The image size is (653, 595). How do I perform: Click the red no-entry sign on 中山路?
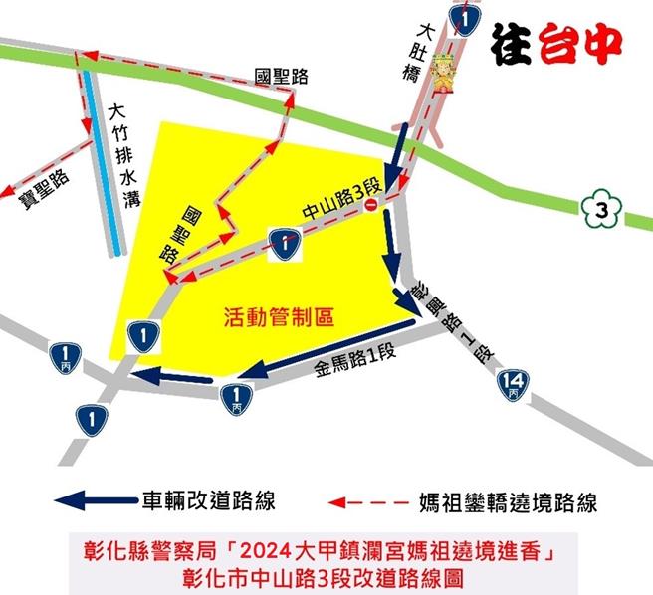[370, 205]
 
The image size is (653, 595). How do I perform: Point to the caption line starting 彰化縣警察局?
[326, 551]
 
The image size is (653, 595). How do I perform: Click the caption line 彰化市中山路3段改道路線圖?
[326, 576]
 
